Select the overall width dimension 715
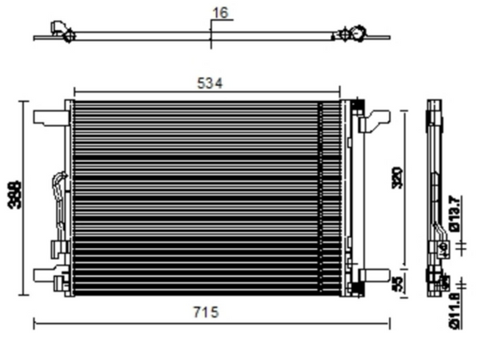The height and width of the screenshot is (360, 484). click(x=207, y=312)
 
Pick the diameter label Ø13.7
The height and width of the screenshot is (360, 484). click(x=455, y=212)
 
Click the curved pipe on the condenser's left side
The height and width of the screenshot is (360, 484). click(x=58, y=196)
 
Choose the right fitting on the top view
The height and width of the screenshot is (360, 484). click(x=350, y=33)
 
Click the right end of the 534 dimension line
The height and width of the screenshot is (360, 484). click(x=339, y=91)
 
